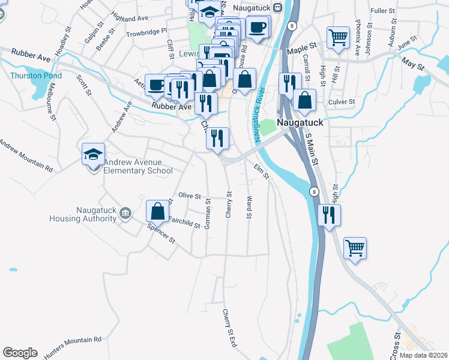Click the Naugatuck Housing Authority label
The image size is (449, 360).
[96, 214]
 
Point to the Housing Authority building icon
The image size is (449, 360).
[125, 213]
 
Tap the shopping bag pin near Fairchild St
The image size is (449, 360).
[157, 211]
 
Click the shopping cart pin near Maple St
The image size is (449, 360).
[338, 37]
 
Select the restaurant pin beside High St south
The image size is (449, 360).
[328, 215]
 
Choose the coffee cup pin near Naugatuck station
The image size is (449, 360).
[258, 27]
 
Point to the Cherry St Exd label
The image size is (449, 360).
[229, 328]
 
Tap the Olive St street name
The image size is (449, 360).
[189, 196]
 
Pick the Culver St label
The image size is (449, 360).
[342, 102]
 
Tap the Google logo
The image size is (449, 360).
[20, 353]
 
